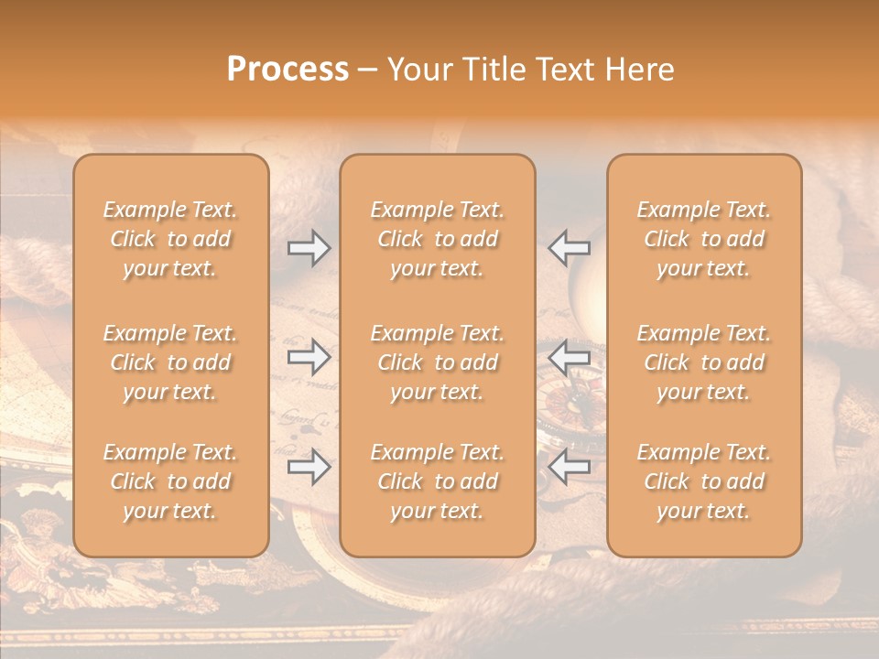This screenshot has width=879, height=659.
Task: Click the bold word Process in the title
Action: coord(288,70)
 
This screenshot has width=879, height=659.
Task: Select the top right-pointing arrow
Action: coord(309,248)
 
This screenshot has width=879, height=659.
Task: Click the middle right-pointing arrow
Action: coord(309,356)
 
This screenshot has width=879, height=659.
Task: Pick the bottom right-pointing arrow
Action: coord(309,467)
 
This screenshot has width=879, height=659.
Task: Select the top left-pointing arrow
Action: coord(570,248)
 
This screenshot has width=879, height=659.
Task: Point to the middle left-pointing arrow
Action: coord(570,356)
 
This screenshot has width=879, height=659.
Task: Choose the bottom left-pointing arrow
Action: coord(570,467)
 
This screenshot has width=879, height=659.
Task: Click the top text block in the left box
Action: coord(170,239)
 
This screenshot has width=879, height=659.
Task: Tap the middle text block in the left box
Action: coord(170,362)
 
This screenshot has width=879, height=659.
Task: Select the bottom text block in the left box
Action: coord(170,481)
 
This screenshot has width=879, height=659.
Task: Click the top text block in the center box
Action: coord(438,239)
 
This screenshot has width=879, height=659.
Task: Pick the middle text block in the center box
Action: coord(438,362)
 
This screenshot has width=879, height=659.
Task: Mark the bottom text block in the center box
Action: coord(438,481)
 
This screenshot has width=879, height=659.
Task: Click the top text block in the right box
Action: coord(704,239)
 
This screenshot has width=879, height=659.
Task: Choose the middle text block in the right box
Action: coord(704,362)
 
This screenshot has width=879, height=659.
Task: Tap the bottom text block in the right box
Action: coord(704,481)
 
